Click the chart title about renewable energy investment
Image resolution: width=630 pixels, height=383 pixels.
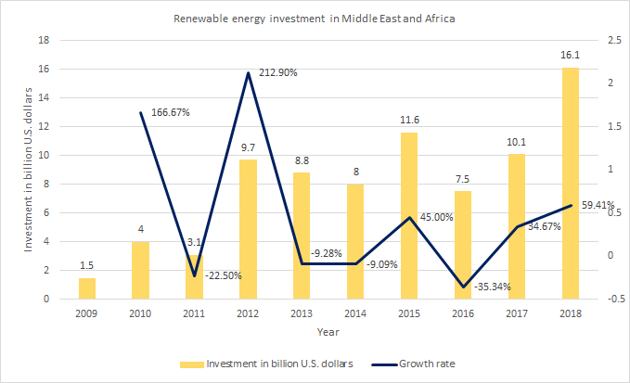tap(315, 19)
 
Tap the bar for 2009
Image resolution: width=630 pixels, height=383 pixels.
tap(86, 288)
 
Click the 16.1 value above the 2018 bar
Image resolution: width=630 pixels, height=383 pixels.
tap(570, 57)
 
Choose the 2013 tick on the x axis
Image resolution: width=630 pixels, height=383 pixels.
tap(302, 313)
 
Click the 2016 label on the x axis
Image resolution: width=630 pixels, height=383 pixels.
tap(462, 313)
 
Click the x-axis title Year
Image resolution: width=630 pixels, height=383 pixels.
tap(328, 330)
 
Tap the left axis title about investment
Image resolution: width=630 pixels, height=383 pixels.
tap(28, 170)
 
